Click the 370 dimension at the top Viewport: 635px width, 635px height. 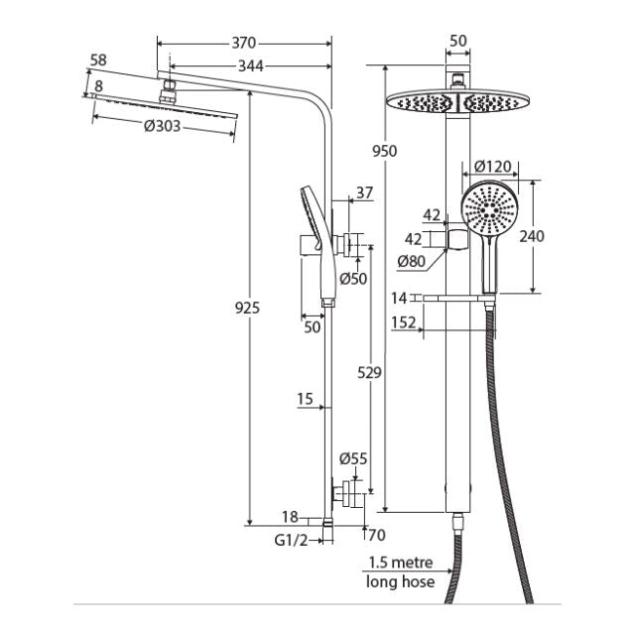244,43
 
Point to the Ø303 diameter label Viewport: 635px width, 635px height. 162,126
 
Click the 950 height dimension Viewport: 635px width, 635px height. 385,151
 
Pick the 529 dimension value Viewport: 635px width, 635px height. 369,371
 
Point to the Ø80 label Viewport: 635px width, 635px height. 413,262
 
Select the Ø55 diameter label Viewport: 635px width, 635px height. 353,458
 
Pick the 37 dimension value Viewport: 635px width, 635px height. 364,193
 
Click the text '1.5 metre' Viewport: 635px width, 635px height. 399,563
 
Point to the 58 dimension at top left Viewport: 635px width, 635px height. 97,61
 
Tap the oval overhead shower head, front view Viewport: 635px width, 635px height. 454,100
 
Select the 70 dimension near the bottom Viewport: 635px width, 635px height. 376,536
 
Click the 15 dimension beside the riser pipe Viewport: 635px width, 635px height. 305,399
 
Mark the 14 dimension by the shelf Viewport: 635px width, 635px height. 399,297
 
